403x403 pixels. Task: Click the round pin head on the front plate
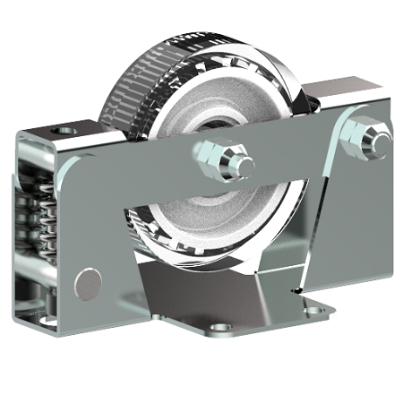point(89,283)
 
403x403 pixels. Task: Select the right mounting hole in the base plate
point(313,311)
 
